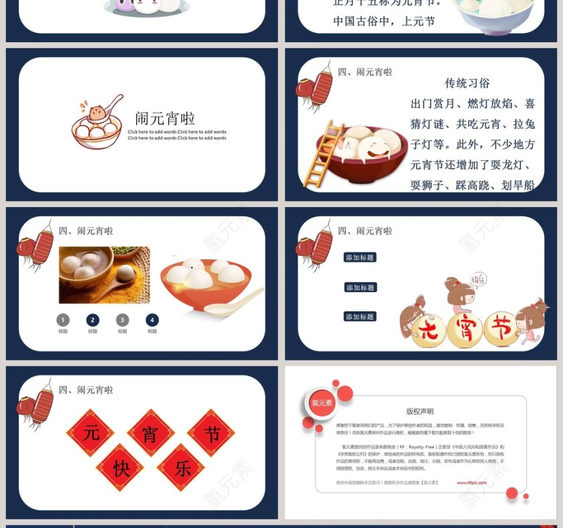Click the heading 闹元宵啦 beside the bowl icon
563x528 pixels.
165,119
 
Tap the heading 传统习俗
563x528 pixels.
467,83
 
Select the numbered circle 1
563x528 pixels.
63,320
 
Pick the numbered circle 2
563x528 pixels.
92,320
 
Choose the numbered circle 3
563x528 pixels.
122,320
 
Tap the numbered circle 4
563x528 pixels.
152,320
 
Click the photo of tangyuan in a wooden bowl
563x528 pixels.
104,275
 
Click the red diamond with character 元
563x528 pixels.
90,433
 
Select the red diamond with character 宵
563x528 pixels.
151,433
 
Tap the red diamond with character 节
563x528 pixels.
211,433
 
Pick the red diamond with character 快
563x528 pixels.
121,467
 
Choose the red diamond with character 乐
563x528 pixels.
181,467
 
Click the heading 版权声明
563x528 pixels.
420,411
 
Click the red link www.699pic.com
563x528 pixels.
472,482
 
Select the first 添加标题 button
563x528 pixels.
360,257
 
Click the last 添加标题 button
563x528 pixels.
360,316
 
